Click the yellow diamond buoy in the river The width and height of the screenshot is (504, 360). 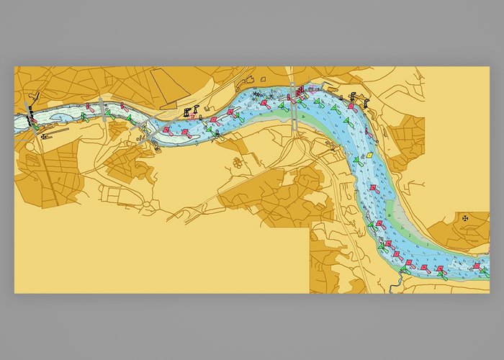click(368, 154)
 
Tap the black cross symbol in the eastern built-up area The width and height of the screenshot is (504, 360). click(464, 215)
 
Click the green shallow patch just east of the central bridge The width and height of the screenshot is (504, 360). click(317, 120)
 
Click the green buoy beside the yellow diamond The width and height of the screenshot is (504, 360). click(356, 159)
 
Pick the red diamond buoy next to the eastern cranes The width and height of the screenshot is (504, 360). click(351, 107)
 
